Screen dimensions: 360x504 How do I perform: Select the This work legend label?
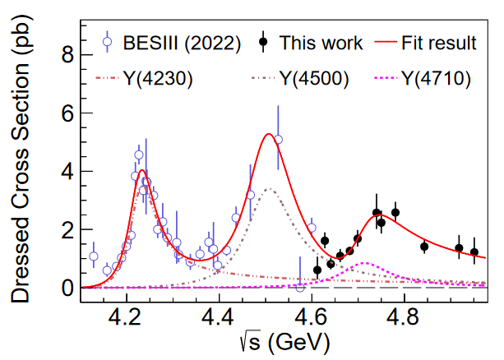point(321,42)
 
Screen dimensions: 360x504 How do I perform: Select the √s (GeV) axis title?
point(286,339)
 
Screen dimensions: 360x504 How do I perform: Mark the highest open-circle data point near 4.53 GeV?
point(278,140)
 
